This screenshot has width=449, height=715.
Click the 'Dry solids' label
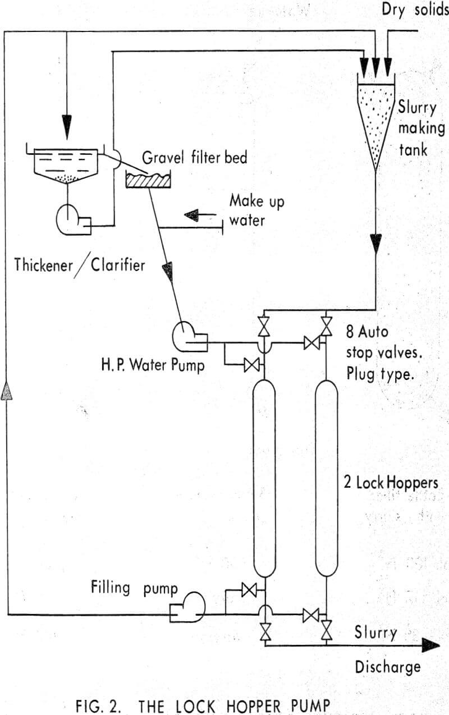415,10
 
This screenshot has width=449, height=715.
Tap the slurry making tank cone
375,123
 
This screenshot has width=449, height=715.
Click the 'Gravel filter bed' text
194,157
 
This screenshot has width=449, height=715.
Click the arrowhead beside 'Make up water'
193,214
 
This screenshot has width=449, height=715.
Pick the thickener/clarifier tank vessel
67,163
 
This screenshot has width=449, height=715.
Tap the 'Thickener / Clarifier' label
79,264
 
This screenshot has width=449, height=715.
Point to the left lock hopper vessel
264,478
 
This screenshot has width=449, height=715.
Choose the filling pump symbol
190,607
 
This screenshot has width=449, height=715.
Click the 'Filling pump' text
134,589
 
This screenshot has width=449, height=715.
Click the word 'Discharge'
388,667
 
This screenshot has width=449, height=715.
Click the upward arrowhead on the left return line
6,389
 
